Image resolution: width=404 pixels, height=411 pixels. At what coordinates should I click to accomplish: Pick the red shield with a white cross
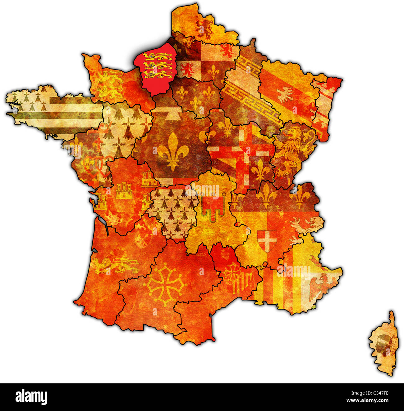click(267, 241)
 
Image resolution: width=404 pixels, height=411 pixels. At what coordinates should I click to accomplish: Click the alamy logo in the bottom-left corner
click(31, 397)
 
